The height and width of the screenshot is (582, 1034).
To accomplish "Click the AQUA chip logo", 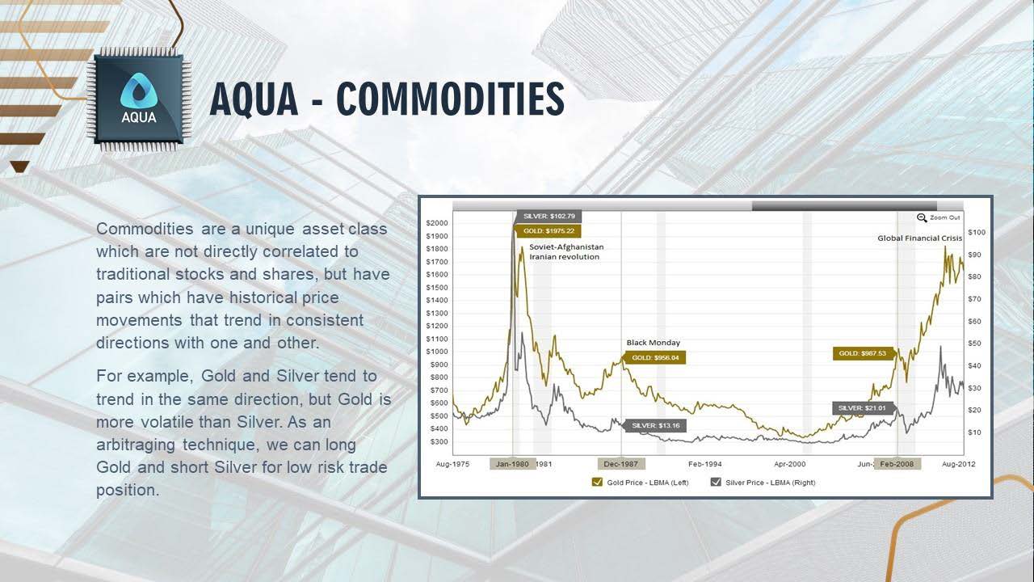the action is [139, 99].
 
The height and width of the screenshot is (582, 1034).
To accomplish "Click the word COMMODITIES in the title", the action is [450, 99].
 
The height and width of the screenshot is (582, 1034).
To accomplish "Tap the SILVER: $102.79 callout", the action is [549, 216].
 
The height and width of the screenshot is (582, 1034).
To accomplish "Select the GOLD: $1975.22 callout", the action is [548, 231].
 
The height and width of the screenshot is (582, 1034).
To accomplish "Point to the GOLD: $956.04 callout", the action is [654, 357].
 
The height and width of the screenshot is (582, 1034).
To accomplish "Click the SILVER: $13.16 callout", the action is [654, 425].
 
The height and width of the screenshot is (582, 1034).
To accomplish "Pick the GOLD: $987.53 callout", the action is [864, 353].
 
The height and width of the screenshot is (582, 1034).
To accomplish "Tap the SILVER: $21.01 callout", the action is [864, 408].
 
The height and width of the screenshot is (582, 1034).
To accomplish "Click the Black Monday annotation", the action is [654, 343].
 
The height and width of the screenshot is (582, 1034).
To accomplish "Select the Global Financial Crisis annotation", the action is [919, 238].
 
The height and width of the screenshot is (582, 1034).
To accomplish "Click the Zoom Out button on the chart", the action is [939, 217].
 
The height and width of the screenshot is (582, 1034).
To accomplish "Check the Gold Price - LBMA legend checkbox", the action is [597, 483].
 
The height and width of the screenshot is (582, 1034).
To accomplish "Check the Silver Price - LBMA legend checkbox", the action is [716, 483].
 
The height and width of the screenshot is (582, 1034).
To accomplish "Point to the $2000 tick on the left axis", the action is [437, 223].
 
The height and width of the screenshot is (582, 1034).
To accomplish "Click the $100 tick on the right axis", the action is [977, 232].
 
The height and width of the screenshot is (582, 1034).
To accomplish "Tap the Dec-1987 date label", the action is [621, 464].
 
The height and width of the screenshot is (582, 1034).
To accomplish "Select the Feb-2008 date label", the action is [897, 464].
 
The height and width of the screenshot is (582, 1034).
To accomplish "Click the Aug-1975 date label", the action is [452, 464].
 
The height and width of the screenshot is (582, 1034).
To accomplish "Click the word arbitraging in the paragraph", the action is [136, 445].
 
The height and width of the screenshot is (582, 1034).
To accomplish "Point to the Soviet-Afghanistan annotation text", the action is [566, 247].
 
